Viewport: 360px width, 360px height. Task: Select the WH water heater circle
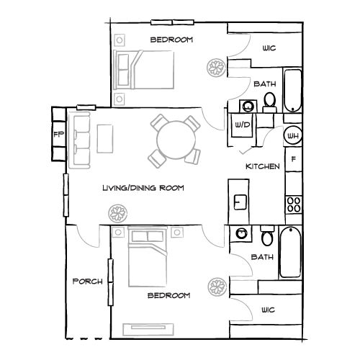pyautogui.click(x=293, y=135)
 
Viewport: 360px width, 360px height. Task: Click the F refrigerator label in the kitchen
pyautogui.click(x=293, y=160)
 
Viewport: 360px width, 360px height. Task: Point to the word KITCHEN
pyautogui.click(x=263, y=166)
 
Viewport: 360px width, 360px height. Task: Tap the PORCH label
pyautogui.click(x=88, y=281)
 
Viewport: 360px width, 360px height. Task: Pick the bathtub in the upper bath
pyautogui.click(x=292, y=91)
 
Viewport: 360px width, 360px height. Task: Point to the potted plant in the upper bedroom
pyautogui.click(x=215, y=69)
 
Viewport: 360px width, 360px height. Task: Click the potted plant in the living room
pyautogui.click(x=117, y=213)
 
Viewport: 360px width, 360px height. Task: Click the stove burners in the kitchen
pyautogui.click(x=293, y=203)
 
